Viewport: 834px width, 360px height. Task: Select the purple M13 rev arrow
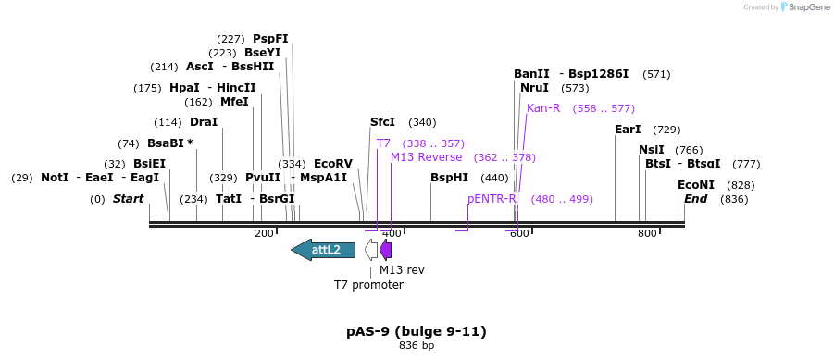(386, 250)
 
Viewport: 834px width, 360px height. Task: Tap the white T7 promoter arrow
(371, 250)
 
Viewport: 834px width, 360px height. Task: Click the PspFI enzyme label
(270, 39)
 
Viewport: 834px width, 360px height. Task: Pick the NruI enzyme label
(534, 88)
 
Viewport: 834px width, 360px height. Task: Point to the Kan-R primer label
(543, 108)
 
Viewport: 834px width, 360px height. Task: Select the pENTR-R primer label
(492, 199)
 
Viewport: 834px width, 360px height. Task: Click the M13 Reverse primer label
(426, 157)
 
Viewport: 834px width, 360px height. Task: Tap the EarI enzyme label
(628, 130)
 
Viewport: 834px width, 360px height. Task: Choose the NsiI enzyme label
(652, 150)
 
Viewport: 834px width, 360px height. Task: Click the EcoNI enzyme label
(696, 185)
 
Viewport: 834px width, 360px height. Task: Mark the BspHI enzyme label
(449, 178)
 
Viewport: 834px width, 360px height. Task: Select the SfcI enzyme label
(382, 122)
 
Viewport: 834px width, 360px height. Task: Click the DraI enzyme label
(204, 122)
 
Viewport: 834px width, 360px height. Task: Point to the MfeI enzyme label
(234, 102)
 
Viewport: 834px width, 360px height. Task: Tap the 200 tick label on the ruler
(264, 234)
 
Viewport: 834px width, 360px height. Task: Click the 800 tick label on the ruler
(647, 234)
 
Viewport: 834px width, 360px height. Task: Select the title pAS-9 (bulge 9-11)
(417, 331)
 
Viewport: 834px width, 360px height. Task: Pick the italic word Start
(129, 199)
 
